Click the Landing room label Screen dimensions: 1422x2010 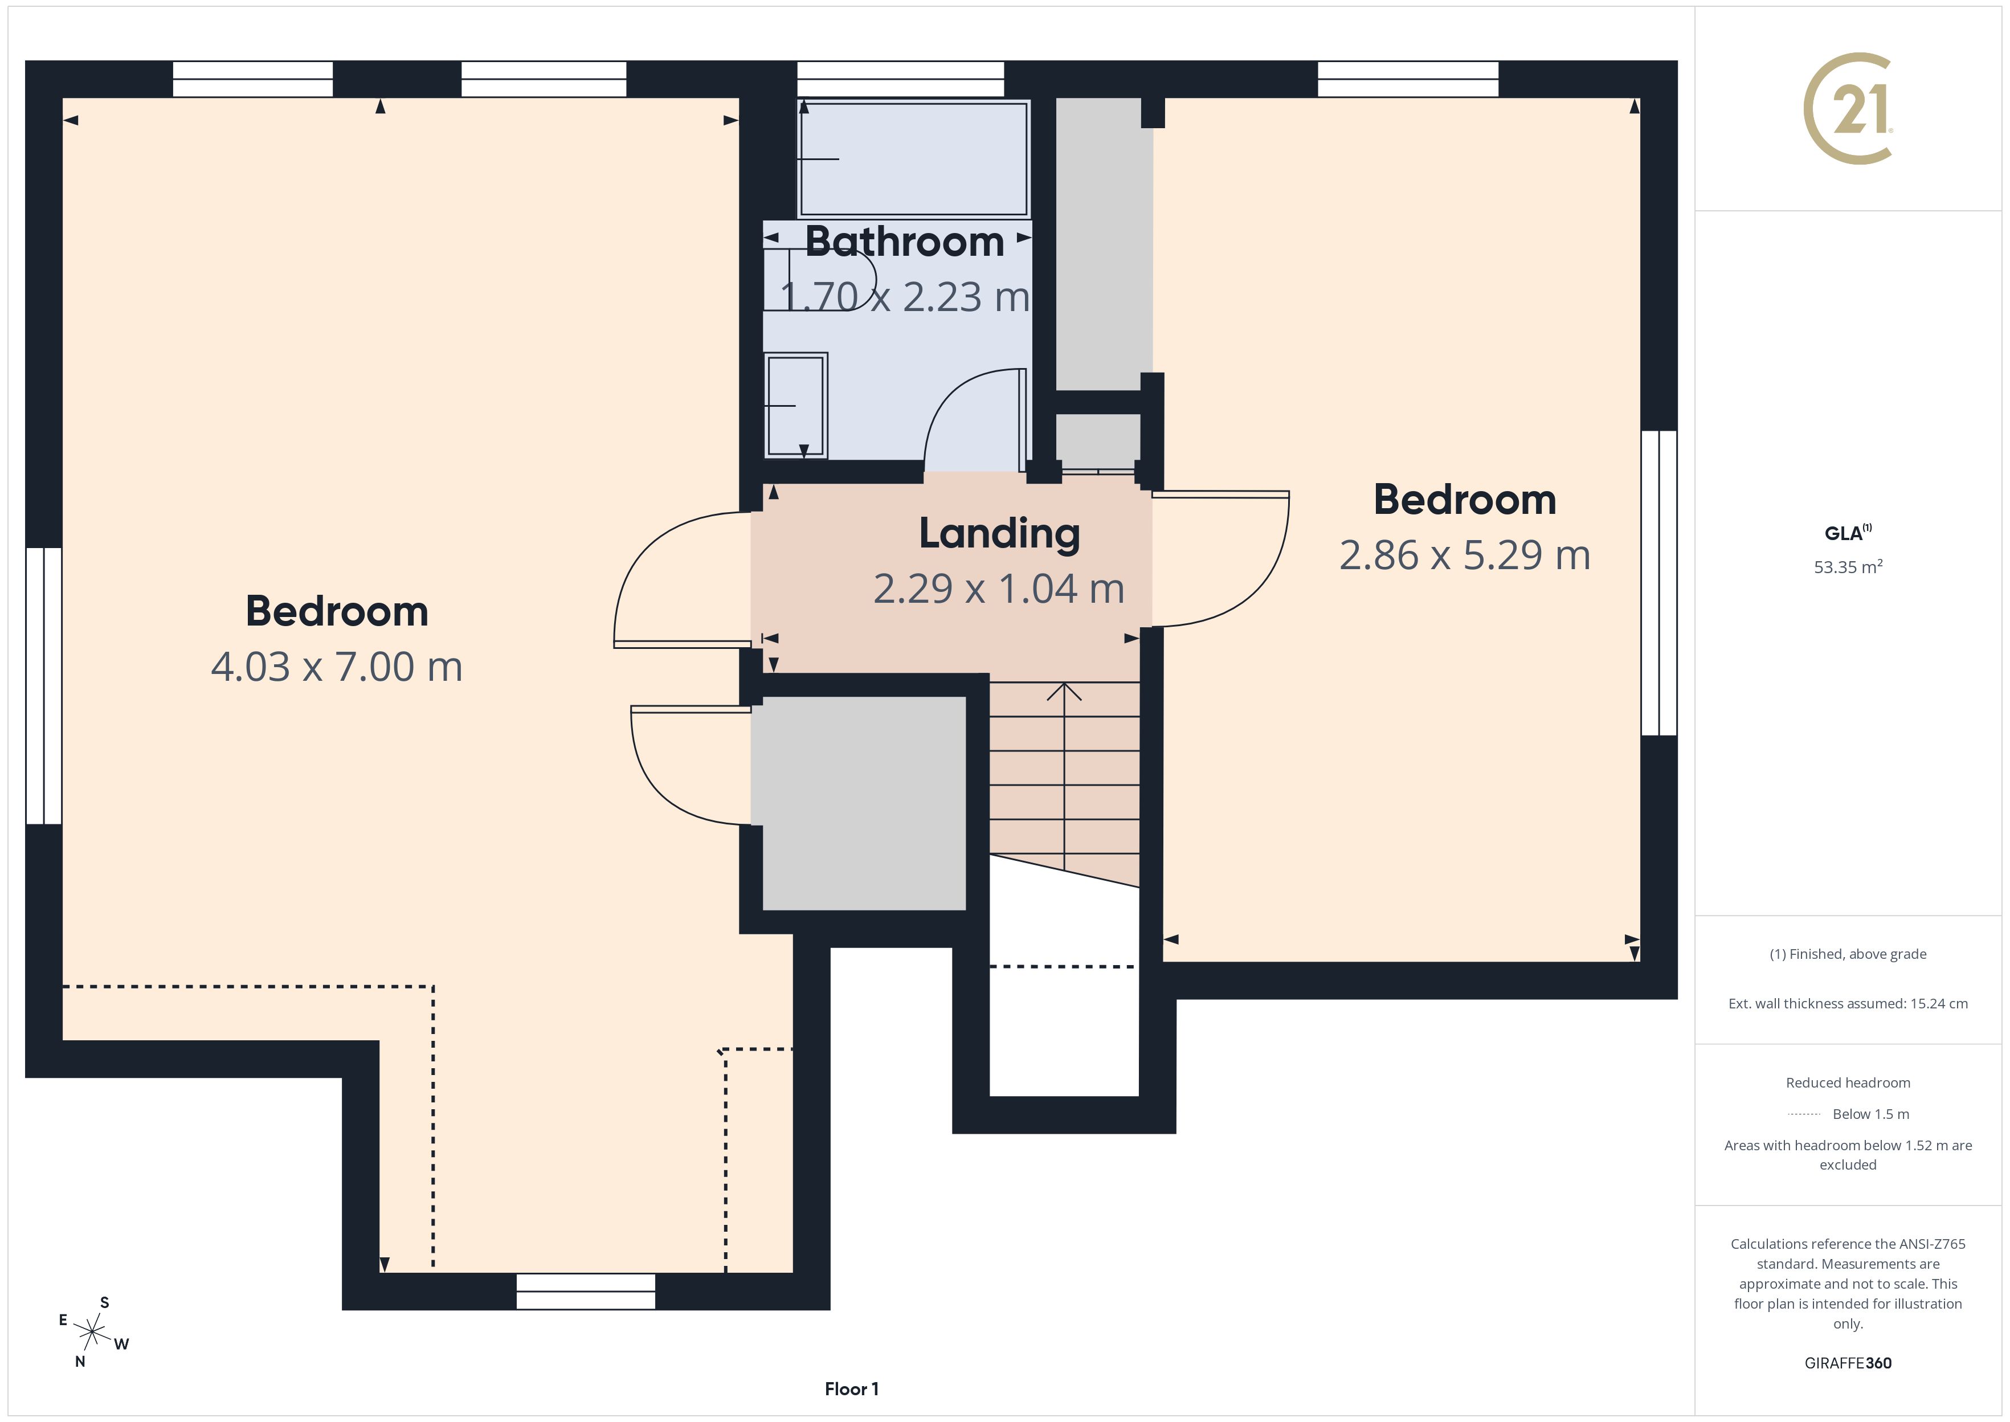999,533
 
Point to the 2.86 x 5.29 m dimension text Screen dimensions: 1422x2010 1465,555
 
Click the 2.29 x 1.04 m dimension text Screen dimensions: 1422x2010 999,589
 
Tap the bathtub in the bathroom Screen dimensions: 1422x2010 913,158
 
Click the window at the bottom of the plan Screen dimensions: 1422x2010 586,1292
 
